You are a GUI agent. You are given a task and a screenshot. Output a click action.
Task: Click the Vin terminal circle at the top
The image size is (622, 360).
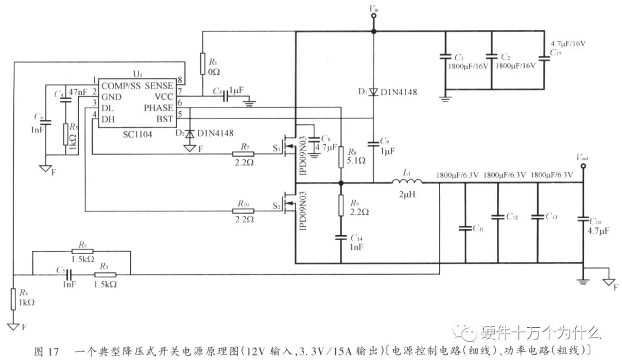[x=373, y=16]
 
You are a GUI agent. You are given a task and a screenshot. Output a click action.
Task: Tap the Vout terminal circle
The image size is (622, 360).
[x=582, y=166]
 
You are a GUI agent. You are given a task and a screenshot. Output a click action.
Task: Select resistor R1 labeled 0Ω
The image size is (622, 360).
[x=203, y=64]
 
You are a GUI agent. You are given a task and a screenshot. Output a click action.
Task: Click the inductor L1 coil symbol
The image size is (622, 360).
[x=407, y=183]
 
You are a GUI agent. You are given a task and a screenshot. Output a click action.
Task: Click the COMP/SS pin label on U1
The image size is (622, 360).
[x=120, y=85]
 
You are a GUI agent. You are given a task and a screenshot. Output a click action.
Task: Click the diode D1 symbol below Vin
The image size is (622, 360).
[x=373, y=92]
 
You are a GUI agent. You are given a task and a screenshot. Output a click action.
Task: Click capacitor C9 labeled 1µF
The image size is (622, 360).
[x=373, y=141]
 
